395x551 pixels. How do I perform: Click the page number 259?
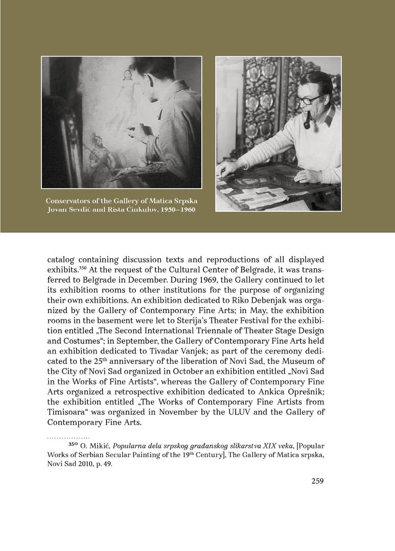(x=317, y=481)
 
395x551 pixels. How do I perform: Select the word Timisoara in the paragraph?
(x=68, y=412)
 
